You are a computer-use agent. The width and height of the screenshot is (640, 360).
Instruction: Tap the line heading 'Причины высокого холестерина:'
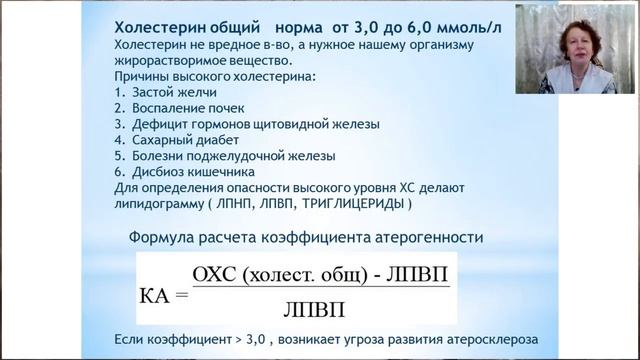[201, 76]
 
